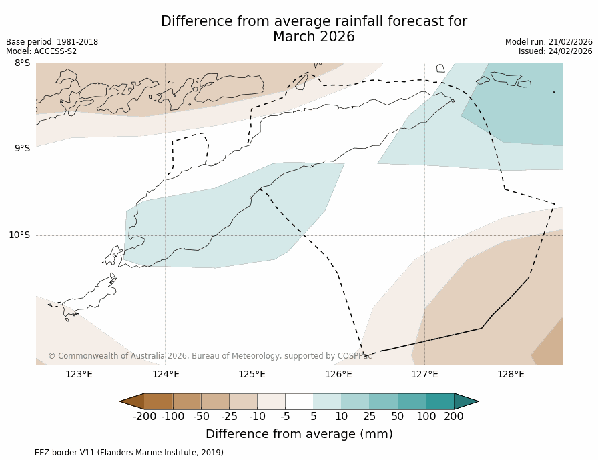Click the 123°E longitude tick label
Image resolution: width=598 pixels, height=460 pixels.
(79, 374)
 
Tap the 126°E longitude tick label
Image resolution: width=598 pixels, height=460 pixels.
(338, 374)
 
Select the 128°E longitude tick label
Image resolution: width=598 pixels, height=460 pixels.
(511, 374)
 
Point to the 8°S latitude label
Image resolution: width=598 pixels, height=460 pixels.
(22, 63)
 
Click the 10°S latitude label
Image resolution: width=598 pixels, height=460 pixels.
(19, 235)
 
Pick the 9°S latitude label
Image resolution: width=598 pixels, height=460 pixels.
(22, 149)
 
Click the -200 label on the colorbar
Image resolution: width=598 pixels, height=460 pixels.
(144, 417)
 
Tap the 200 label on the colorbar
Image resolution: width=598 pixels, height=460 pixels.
(454, 417)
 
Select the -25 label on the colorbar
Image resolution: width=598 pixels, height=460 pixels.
(229, 417)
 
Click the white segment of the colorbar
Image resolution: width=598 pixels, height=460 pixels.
(299, 401)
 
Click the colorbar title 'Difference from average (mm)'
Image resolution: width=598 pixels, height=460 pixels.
(299, 434)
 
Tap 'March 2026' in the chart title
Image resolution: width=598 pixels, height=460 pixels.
(314, 37)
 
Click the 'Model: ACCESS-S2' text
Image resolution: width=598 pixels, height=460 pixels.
(41, 51)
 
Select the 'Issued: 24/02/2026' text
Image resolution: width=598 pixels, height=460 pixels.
(555, 51)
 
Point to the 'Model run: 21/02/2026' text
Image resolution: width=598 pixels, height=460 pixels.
(549, 42)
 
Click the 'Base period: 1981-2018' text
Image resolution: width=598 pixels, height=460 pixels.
(52, 42)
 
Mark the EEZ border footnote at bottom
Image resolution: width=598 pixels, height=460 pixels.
(116, 453)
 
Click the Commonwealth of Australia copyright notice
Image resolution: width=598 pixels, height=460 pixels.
(210, 356)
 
